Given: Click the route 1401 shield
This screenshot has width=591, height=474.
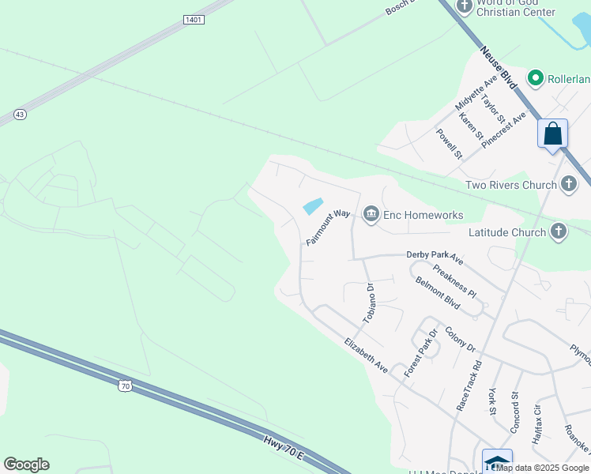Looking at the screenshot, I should tap(192, 19).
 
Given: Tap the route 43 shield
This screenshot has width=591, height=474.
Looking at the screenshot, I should tap(21, 115).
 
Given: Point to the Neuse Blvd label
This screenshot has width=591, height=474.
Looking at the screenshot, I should tap(497, 69).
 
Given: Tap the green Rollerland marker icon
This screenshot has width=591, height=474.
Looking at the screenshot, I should tap(536, 77).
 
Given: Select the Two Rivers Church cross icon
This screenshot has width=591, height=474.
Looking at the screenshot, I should tap(568, 185).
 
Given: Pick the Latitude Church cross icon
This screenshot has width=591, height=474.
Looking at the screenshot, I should tap(558, 232).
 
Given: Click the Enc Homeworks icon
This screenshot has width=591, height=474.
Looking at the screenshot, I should tap(371, 214).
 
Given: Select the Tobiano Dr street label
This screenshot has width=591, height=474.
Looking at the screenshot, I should tap(371, 303).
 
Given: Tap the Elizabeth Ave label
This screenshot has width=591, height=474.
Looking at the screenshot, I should tap(366, 356).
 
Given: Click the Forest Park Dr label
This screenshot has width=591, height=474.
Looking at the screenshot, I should tap(420, 352).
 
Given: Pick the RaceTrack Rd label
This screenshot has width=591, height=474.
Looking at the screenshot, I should tap(469, 386).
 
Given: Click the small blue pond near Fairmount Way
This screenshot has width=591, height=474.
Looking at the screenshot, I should tap(313, 206).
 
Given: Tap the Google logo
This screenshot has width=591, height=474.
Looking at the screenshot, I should tap(26, 465).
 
